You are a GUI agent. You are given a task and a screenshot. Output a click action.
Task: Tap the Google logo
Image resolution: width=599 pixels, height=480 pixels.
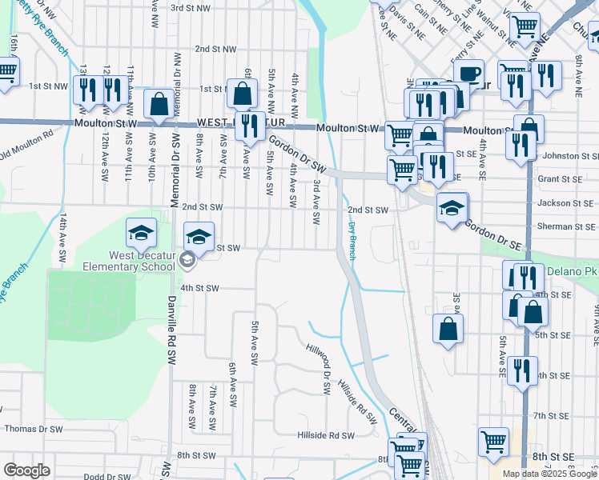click(x=26, y=470)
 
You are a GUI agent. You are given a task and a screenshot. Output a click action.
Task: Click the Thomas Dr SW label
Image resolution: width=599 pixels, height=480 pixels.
click(x=34, y=429)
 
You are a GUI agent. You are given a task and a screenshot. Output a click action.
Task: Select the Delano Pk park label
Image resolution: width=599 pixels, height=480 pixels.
click(x=572, y=271)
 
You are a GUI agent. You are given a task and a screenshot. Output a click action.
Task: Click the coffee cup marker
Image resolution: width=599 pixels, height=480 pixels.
click(x=468, y=74)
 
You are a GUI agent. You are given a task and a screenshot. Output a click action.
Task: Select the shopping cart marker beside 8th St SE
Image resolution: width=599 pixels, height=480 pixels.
click(x=493, y=442)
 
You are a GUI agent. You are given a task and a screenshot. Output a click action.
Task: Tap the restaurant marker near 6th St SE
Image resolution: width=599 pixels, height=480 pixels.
click(x=522, y=370)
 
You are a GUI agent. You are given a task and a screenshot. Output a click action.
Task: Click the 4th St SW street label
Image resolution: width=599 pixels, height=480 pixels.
click(x=199, y=288)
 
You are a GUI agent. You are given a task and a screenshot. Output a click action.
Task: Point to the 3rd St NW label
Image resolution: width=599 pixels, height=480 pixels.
click(x=190, y=7)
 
